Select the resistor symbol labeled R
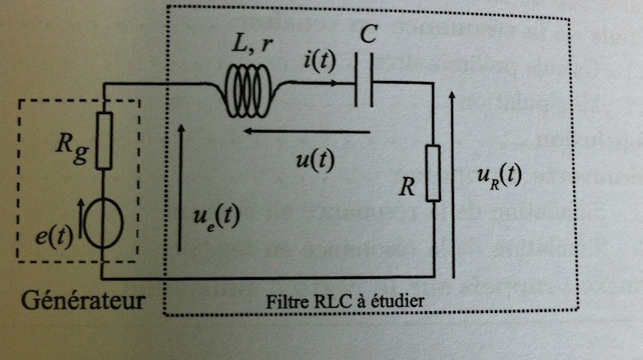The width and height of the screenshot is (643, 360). pyautogui.click(x=433, y=174)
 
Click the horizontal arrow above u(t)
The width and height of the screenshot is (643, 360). pyautogui.click(x=306, y=132)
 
